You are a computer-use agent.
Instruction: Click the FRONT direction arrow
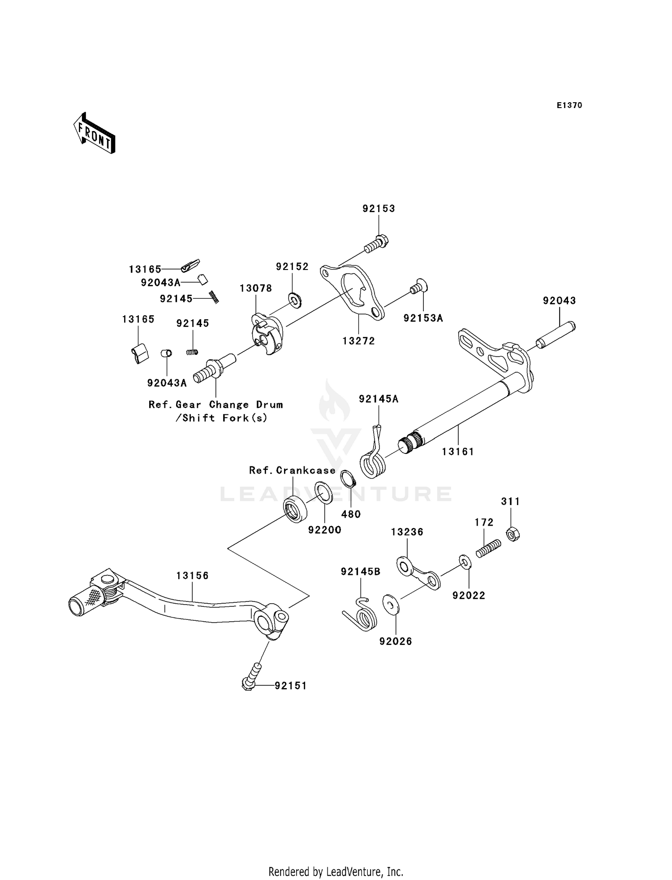coord(95,133)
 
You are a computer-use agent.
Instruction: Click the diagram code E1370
coord(569,105)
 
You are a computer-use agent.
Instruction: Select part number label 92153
coord(379,209)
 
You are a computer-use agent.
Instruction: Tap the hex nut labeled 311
coord(513,534)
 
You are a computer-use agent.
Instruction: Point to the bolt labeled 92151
coord(252,676)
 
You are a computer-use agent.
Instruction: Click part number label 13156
coord(192,575)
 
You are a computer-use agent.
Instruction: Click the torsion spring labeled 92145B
coord(362,615)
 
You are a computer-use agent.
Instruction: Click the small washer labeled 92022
coord(464,562)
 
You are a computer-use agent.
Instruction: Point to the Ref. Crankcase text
coord(292,470)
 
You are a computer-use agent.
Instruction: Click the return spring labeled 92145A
coord(373,460)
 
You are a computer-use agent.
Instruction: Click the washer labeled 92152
coord(295,299)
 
